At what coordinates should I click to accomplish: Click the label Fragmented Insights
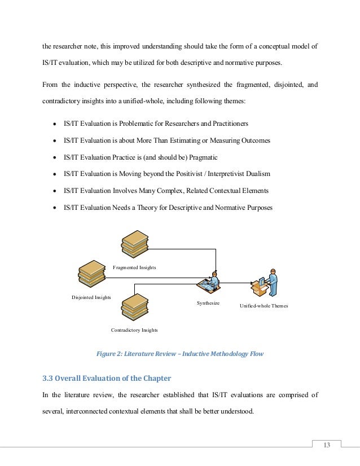[x=134, y=267]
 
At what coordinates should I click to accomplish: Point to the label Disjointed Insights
[x=91, y=297]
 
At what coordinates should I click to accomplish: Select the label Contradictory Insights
[x=134, y=330]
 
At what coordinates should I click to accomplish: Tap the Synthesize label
[x=208, y=304]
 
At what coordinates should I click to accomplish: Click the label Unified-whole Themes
[x=264, y=306]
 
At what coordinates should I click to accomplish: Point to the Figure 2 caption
[x=179, y=354]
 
